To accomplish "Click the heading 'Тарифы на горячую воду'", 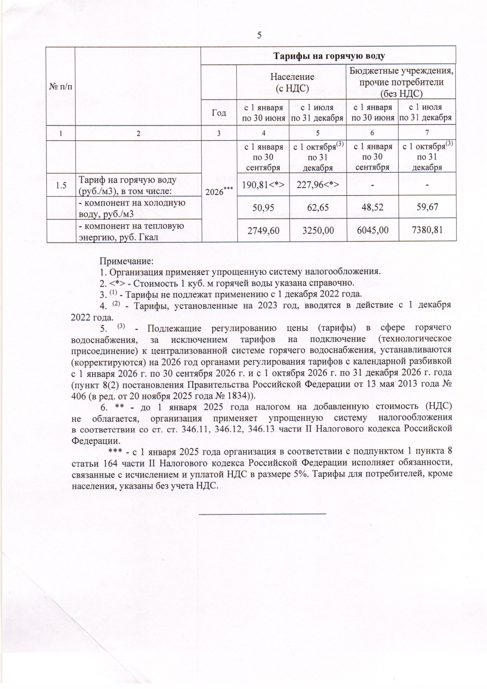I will pyautogui.click(x=328, y=56).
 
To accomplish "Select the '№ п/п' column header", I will pyautogui.click(x=60, y=86).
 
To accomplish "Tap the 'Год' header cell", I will pyautogui.click(x=219, y=112).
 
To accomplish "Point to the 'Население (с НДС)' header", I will pyautogui.click(x=292, y=81).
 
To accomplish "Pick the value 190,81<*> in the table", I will pyautogui.click(x=263, y=184).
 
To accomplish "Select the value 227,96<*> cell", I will pyautogui.click(x=318, y=184).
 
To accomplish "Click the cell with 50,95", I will pyautogui.click(x=263, y=207).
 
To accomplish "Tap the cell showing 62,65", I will pyautogui.click(x=318, y=207).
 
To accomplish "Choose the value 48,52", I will pyautogui.click(x=373, y=207).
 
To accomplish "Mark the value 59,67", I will pyautogui.click(x=427, y=207).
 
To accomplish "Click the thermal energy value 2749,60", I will pyautogui.click(x=263, y=230).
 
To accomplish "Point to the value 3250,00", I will pyautogui.click(x=318, y=230).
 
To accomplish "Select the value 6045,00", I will pyautogui.click(x=373, y=230).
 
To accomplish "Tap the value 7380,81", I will pyautogui.click(x=427, y=230).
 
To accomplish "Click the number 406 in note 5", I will pyautogui.click(x=79, y=396).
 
